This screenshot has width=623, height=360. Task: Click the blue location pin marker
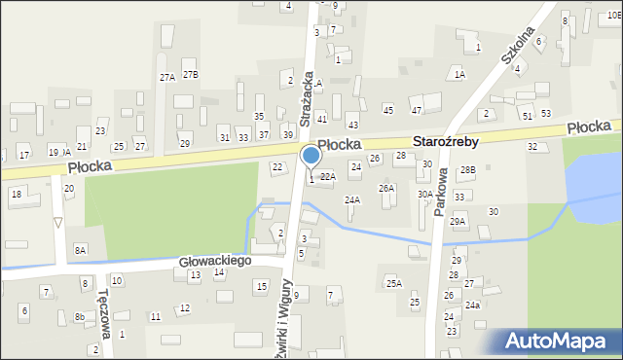[311, 156]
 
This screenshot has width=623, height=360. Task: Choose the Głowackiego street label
[214, 261]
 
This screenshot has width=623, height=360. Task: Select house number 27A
[167, 76]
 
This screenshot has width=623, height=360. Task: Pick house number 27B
[191, 75]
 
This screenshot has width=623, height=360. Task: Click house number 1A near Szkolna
[459, 74]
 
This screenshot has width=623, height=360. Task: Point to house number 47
[416, 110]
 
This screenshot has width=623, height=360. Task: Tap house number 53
[546, 113]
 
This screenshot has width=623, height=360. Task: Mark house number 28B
[467, 170]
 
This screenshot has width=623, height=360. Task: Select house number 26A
[386, 188]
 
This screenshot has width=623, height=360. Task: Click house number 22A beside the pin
[327, 177]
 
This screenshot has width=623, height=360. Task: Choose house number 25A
[393, 283]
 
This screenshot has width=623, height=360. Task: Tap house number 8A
[81, 250]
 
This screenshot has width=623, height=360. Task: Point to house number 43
[352, 126]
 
